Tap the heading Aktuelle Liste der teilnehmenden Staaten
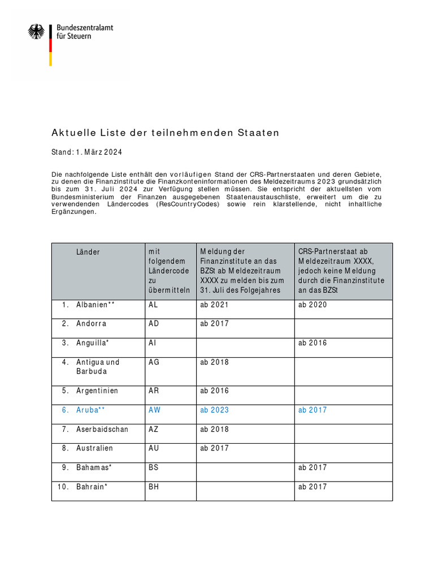pos(166,133)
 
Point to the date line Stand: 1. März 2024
pos(87,152)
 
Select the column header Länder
pos(88,252)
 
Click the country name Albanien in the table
pos(93,305)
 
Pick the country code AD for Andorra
pos(154,324)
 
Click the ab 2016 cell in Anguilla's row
pos(313,343)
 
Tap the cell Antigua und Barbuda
pos(98,367)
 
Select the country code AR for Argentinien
pos(154,391)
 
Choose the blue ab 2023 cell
pos(215,410)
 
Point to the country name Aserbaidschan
pos(102,429)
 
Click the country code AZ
pos(154,429)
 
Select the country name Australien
pos(95,448)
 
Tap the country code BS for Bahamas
pos(154,467)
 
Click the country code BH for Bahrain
pos(154,487)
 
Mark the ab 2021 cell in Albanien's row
pos(215,305)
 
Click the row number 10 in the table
pos(62,487)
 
